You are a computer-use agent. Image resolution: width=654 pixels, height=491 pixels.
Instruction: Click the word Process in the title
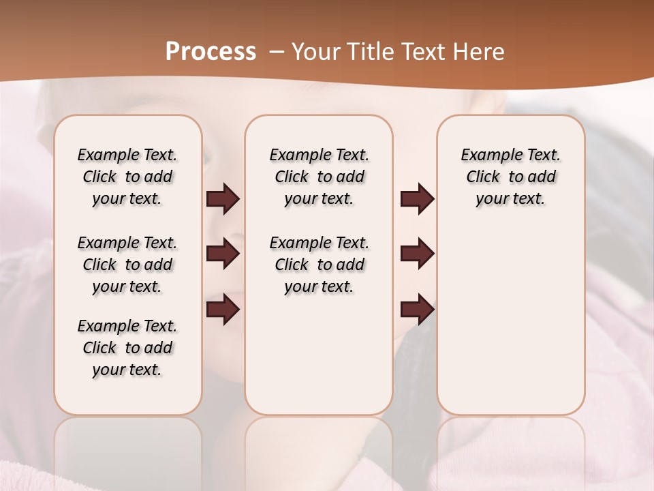(x=211, y=51)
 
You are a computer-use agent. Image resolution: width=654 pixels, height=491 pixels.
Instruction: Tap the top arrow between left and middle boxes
(x=223, y=199)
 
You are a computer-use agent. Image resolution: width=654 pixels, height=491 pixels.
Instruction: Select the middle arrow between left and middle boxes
(x=223, y=254)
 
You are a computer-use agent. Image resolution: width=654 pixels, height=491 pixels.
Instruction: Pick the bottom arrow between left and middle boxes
(x=223, y=310)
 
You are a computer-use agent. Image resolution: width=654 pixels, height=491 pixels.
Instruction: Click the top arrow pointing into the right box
(x=417, y=199)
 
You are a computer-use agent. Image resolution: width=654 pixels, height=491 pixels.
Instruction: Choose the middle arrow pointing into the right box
(x=417, y=254)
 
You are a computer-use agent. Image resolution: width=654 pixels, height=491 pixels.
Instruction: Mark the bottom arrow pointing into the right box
(x=417, y=310)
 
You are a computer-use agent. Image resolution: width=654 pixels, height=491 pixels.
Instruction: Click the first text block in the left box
(x=127, y=177)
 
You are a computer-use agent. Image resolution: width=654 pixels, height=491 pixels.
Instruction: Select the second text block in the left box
(x=127, y=265)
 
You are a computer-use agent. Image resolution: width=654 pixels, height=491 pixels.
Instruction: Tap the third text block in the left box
(x=127, y=348)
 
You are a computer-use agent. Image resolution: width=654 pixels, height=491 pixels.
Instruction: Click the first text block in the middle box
(x=319, y=177)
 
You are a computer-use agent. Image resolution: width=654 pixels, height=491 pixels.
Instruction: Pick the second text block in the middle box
(x=319, y=265)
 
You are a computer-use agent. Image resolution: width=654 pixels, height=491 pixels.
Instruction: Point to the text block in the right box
(x=510, y=177)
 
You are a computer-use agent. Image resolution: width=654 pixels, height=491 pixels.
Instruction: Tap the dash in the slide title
(x=277, y=51)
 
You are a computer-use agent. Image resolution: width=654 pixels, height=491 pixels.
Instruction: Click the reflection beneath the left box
(x=128, y=450)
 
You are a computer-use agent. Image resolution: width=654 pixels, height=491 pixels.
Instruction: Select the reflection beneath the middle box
(x=319, y=450)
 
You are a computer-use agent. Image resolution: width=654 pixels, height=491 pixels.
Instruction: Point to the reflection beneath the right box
(x=511, y=450)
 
